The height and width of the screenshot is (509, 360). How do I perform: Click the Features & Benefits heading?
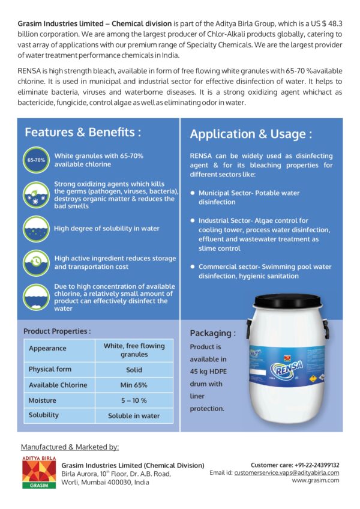click(83, 132)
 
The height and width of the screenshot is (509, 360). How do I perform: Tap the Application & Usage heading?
click(250, 134)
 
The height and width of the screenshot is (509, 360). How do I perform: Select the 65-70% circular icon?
click(36, 160)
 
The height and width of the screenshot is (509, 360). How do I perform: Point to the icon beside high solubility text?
click(36, 229)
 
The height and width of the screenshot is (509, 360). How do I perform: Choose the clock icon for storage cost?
click(36, 263)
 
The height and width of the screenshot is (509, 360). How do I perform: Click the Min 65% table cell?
click(133, 385)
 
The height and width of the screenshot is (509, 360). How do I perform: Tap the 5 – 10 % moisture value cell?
click(133, 400)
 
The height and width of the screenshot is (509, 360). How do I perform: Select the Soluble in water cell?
click(133, 415)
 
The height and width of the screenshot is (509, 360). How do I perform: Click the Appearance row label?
click(47, 348)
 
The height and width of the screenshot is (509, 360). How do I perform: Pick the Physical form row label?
click(50, 369)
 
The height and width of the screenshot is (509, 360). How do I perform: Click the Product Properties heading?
click(57, 331)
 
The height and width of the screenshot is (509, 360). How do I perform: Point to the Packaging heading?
click(212, 333)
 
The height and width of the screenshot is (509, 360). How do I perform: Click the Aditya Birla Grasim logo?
click(38, 472)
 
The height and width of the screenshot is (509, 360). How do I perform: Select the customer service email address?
click(287, 472)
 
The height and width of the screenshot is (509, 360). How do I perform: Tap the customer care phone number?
click(317, 465)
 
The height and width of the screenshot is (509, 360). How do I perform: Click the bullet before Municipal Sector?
click(192, 193)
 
